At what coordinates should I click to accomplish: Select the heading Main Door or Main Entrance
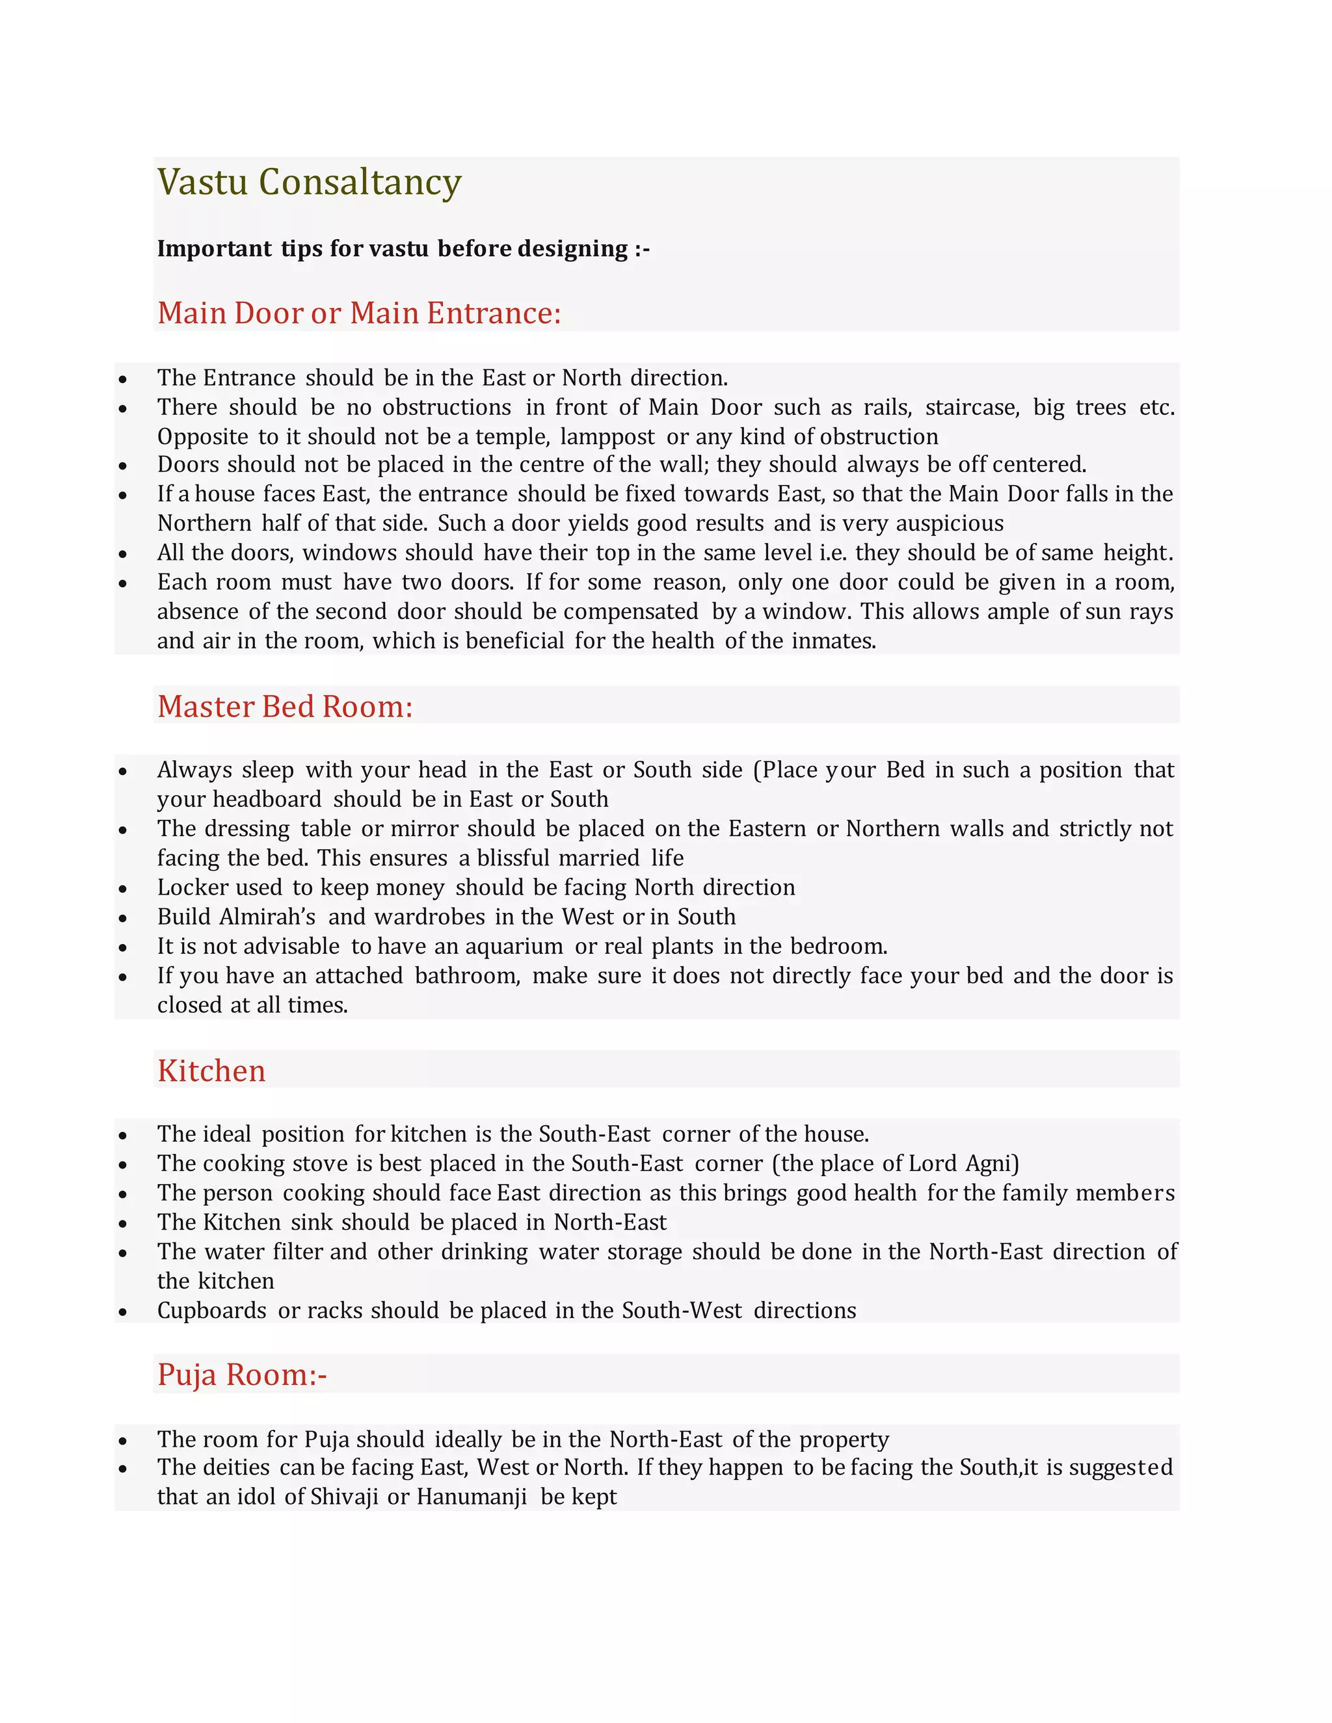click(x=359, y=313)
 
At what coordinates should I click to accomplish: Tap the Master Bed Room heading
click(x=285, y=706)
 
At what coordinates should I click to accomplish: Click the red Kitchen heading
click(x=211, y=1071)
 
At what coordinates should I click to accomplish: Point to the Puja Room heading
click(x=241, y=1374)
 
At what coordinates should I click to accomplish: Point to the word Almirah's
click(x=267, y=917)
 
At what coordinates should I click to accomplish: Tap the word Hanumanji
click(x=471, y=1497)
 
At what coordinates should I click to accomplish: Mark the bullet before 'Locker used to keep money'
click(x=123, y=889)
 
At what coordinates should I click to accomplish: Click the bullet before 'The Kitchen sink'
click(x=123, y=1224)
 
